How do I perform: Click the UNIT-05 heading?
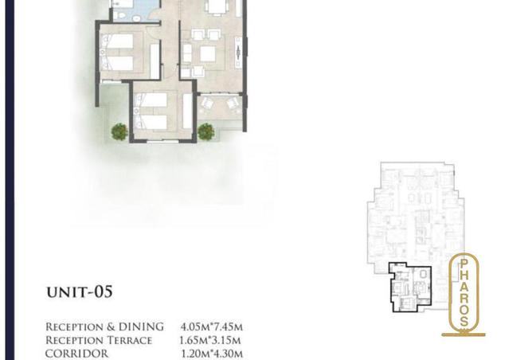tap(79, 292)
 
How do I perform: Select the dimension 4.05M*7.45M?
tap(209, 327)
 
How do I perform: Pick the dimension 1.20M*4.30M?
tap(209, 354)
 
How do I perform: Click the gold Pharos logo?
tap(463, 292)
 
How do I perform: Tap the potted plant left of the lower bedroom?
tap(119, 131)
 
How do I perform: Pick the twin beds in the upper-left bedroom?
tap(117, 52)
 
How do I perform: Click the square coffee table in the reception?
tap(208, 54)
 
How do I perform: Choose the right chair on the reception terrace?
tap(233, 104)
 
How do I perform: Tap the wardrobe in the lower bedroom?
tap(188, 111)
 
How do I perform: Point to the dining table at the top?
tap(216, 6)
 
